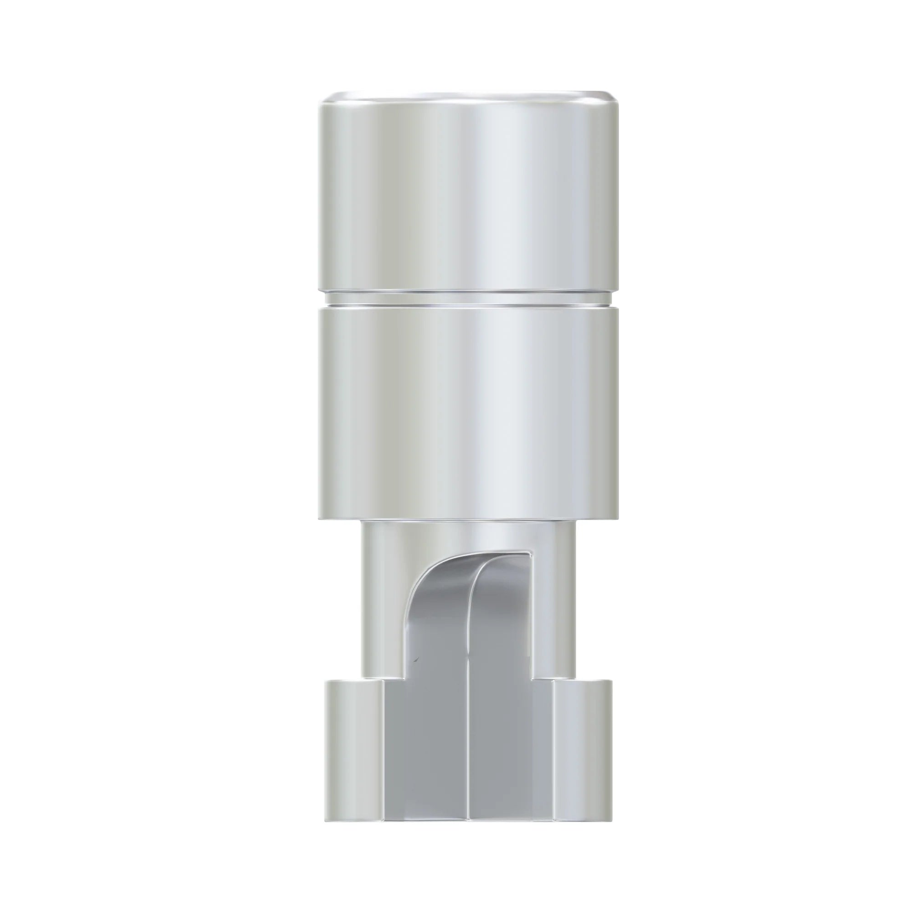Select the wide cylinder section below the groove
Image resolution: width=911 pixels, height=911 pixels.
tap(469, 410)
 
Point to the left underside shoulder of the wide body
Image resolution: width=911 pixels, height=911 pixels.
tap(339, 518)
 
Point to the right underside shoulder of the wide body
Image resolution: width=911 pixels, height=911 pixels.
tap(597, 518)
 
